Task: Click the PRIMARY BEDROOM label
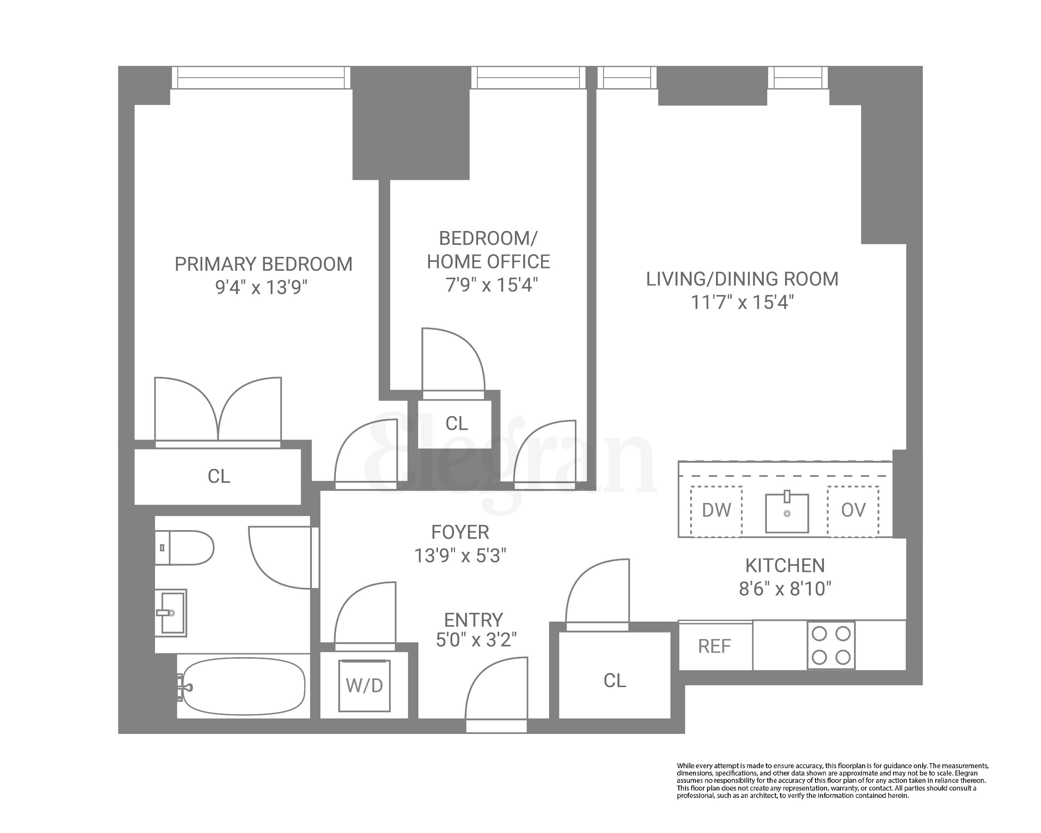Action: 263,264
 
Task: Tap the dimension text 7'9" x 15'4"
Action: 491,285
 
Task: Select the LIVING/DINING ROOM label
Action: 742,279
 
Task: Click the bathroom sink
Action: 171,613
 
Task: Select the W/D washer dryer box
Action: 365,685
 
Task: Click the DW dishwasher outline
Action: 716,511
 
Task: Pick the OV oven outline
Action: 853,511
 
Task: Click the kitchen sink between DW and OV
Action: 787,513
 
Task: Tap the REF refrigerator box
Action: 715,646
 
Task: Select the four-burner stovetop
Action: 831,646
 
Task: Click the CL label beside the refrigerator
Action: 615,680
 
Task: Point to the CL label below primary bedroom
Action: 219,477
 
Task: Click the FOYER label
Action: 460,532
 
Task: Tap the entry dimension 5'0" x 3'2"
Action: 476,640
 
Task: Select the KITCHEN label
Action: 785,565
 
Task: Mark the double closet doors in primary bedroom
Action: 218,410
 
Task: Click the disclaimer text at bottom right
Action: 832,781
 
